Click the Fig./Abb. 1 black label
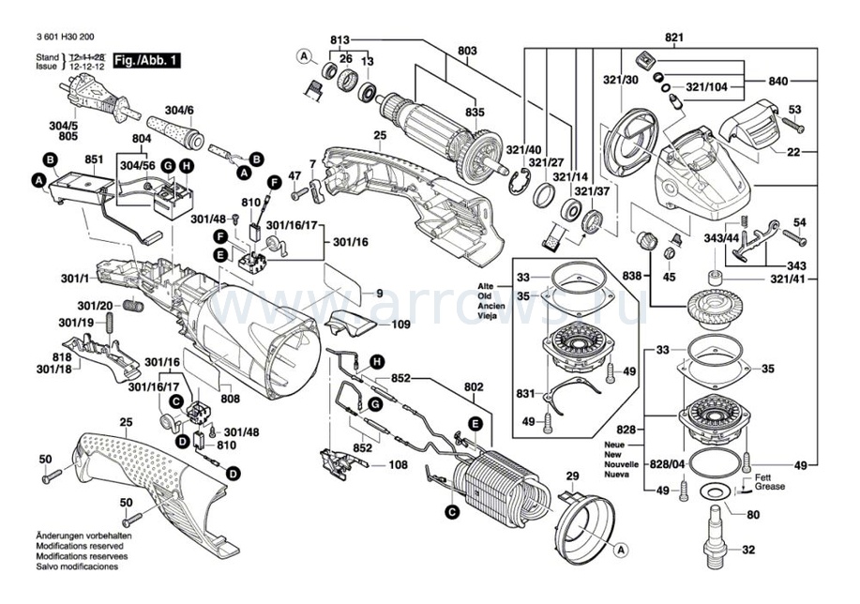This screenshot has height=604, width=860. (x=144, y=61)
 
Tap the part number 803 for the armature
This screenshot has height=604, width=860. (x=467, y=50)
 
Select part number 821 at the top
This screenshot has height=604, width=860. (x=674, y=38)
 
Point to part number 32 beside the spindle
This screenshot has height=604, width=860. (x=748, y=550)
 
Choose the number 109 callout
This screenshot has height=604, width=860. (x=400, y=325)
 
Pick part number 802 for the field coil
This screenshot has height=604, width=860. (x=473, y=385)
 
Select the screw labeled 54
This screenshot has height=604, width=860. (x=799, y=222)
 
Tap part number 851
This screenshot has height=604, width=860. (x=94, y=159)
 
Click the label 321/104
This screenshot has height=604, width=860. (x=705, y=86)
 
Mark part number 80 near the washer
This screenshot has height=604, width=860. (x=753, y=514)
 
